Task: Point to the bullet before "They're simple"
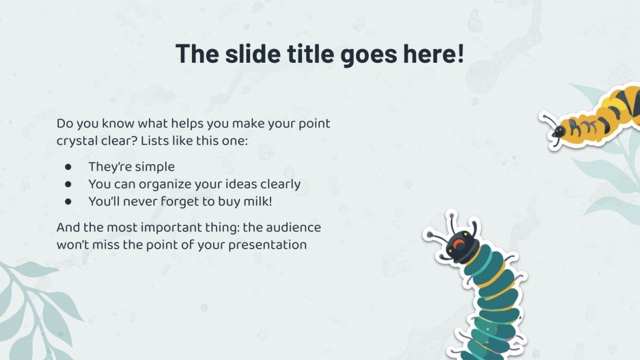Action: click(68, 167)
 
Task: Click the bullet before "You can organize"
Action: click(68, 184)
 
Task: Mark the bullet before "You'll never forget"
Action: click(68, 201)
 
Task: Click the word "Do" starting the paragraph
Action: click(65, 124)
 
